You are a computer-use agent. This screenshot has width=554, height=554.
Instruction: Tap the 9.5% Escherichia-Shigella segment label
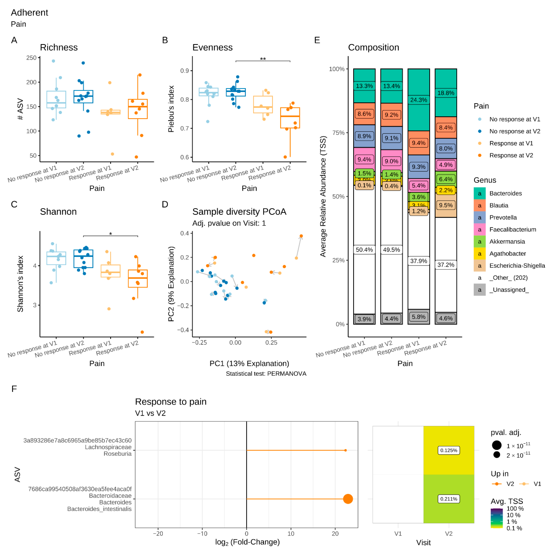(x=446, y=205)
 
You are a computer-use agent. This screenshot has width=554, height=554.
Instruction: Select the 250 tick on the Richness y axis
(x=32, y=58)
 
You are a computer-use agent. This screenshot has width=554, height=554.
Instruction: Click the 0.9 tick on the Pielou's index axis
(x=184, y=71)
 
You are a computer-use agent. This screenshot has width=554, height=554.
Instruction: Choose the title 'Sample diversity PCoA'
(x=239, y=212)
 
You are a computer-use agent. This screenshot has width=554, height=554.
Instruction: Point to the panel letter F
(x=14, y=389)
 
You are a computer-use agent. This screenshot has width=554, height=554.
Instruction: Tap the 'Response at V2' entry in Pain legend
(x=511, y=155)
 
